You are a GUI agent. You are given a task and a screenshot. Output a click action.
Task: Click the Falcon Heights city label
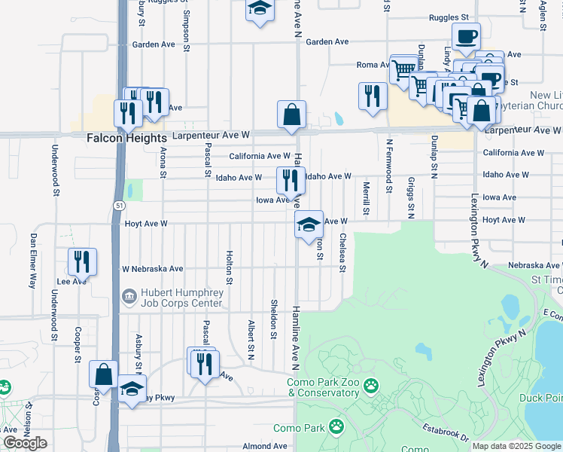[x=126, y=139]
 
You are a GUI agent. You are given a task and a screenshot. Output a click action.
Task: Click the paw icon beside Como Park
[x=336, y=428]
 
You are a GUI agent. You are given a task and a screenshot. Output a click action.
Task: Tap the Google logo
[x=25, y=443]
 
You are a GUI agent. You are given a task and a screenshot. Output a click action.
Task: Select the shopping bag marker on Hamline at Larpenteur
[x=291, y=115]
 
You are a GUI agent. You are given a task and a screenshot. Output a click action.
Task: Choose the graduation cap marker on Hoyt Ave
[x=308, y=224]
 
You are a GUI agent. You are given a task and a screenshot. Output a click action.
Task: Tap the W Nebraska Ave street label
[x=152, y=268]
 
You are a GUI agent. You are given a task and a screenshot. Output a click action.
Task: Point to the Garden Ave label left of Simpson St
[x=154, y=44]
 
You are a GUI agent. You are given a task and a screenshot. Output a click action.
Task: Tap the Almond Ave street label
[x=264, y=446]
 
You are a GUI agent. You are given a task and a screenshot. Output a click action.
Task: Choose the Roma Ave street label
[x=372, y=65]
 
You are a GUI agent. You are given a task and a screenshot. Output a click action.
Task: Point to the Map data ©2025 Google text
[x=516, y=446]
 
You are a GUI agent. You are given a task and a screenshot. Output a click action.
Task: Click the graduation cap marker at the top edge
[x=260, y=10]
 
